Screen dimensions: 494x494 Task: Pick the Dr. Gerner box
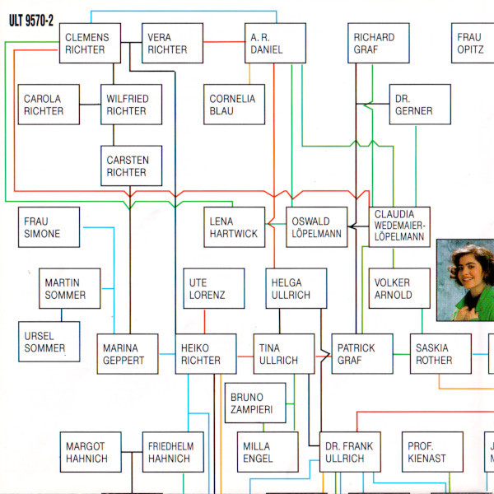point(420,105)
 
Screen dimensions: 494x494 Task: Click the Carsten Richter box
point(132,165)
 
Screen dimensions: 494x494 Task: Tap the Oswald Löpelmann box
point(317,227)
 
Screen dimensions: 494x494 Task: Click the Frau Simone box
point(49,227)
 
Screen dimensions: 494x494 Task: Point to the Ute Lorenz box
point(214,288)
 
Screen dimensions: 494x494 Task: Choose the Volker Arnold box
point(398,288)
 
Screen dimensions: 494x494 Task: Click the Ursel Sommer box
point(49,342)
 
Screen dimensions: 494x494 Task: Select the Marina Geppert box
point(127,354)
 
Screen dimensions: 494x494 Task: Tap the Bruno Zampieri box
point(255,403)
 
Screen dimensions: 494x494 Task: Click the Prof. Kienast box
point(431,452)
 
